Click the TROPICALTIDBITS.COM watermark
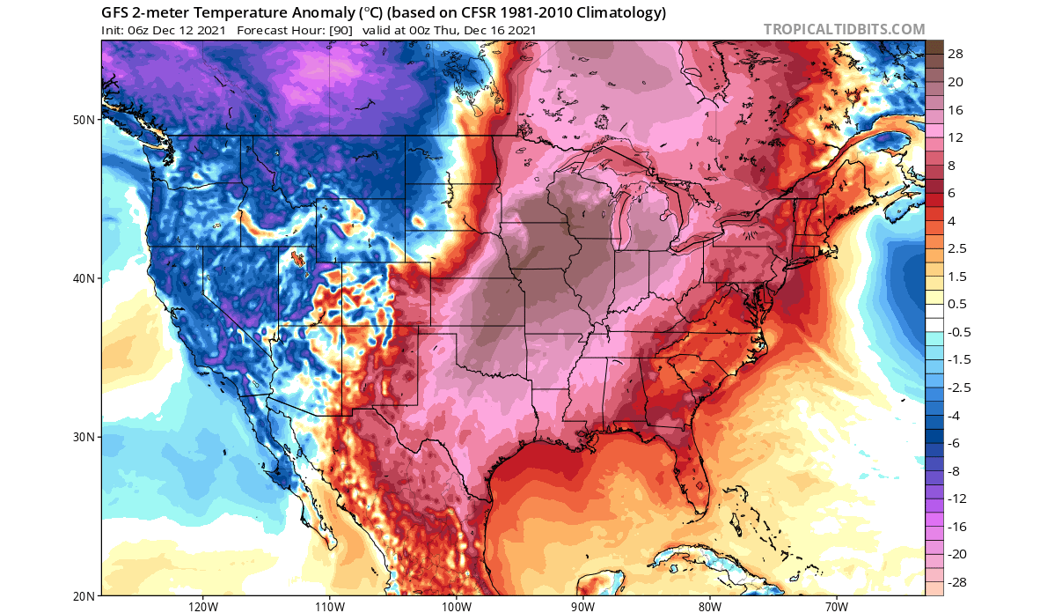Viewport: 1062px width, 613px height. [x=844, y=30]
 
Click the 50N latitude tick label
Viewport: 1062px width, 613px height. [x=84, y=119]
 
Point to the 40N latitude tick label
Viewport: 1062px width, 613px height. [x=84, y=278]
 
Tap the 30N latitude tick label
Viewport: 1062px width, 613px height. [x=84, y=438]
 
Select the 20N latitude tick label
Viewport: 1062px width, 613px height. [x=84, y=596]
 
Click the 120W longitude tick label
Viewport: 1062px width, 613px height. [x=202, y=606]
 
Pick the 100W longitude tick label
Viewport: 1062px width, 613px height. [x=456, y=606]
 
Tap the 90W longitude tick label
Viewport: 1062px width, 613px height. [x=582, y=606]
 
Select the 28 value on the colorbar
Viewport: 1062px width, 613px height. [x=956, y=54]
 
